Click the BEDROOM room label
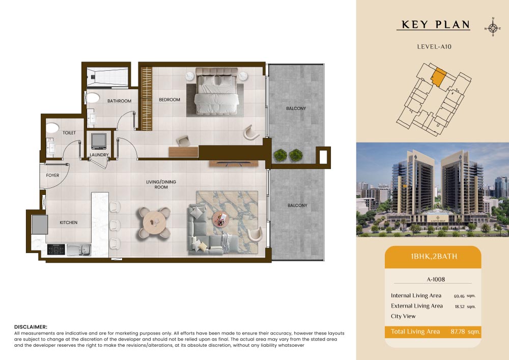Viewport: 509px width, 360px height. pyautogui.click(x=169, y=100)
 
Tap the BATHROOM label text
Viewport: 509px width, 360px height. pyautogui.click(x=120, y=101)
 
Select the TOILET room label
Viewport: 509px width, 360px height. pyautogui.click(x=69, y=133)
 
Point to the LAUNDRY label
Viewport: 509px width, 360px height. pyautogui.click(x=99, y=155)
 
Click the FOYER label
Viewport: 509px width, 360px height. pyautogui.click(x=52, y=175)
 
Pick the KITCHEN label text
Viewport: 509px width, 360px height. pyautogui.click(x=69, y=223)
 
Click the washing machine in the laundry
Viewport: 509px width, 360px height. pyautogui.click(x=99, y=141)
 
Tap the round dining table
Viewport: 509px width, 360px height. pyautogui.click(x=154, y=223)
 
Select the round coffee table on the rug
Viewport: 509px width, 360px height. pyautogui.click(x=221, y=220)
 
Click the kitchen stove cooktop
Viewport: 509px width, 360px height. pyautogui.click(x=56, y=250)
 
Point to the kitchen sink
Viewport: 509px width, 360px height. pyautogui.click(x=79, y=250)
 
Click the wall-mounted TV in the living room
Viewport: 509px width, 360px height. pyautogui.click(x=234, y=163)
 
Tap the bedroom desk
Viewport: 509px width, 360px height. pyautogui.click(x=183, y=152)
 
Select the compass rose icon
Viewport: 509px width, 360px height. pyautogui.click(x=493, y=27)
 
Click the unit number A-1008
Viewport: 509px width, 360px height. pyautogui.click(x=436, y=279)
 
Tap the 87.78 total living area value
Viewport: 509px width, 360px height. pyautogui.click(x=458, y=331)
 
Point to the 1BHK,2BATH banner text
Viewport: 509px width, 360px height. pyautogui.click(x=434, y=257)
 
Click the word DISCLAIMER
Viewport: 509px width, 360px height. pyautogui.click(x=31, y=327)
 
